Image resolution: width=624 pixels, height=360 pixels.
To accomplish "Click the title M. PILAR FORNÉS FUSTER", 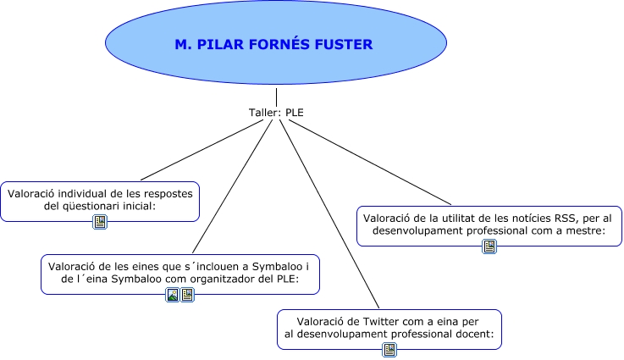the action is click(x=273, y=44).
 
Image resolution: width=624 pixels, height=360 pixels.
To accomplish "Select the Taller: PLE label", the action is click(x=276, y=113).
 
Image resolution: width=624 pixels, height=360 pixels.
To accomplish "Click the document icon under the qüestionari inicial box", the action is click(x=100, y=222).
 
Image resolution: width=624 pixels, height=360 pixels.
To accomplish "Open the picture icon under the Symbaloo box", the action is click(x=173, y=295).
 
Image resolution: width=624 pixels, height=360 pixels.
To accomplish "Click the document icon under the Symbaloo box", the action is click(x=187, y=295).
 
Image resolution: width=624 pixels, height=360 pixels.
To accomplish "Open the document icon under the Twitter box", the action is click(x=389, y=350).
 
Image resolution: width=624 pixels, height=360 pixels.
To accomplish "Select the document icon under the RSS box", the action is click(x=489, y=246).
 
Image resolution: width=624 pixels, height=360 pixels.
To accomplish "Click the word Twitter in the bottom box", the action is click(x=382, y=321).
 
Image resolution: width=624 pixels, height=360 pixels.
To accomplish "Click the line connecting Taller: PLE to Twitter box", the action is click(x=329, y=213).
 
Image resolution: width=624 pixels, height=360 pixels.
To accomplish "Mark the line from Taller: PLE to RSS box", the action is click(x=370, y=162).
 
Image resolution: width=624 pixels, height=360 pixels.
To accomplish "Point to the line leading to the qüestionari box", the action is click(x=202, y=150).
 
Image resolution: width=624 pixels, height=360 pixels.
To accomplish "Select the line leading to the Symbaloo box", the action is click(x=232, y=186).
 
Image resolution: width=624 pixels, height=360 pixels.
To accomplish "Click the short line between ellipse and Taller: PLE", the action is click(x=276, y=97).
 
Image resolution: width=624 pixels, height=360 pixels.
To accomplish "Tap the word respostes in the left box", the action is click(x=168, y=194).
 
